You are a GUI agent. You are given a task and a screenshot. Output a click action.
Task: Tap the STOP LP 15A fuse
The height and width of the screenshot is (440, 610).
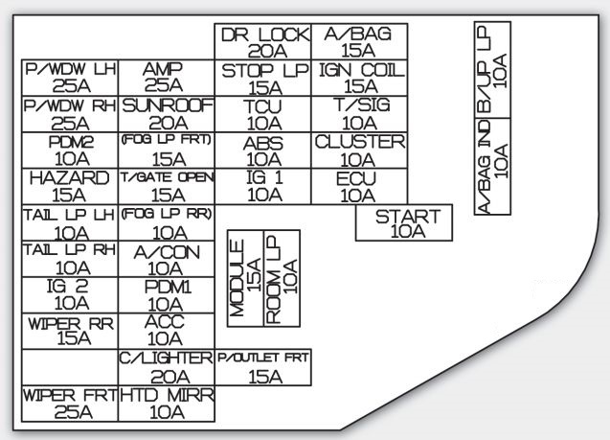[263, 79]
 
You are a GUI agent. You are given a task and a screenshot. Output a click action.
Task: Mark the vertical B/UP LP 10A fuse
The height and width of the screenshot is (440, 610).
[492, 69]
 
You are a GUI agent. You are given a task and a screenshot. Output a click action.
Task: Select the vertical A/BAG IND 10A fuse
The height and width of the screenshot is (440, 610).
[492, 165]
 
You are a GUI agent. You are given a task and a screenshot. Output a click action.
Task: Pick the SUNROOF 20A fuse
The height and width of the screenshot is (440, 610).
[167, 114]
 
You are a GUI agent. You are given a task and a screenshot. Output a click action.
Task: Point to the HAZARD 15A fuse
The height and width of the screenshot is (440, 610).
[70, 186]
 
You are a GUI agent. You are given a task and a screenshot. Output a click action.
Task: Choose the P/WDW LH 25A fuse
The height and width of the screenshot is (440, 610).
[70, 79]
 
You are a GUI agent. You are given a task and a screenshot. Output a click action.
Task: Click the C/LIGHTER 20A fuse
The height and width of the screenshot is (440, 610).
[167, 366]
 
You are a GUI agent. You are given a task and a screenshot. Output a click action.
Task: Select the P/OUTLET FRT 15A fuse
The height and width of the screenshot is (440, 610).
[263, 366]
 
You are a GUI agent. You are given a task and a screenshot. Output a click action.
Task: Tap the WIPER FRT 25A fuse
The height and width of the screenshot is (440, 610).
[70, 403]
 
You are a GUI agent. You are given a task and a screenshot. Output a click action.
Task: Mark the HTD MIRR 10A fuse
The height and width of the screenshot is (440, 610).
[167, 403]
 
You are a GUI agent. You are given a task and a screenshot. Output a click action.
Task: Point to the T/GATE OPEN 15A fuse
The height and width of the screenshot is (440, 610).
[167, 186]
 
